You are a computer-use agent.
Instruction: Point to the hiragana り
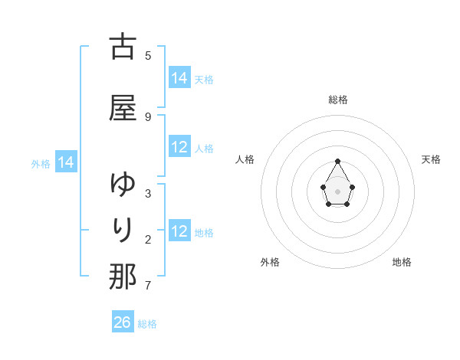123,229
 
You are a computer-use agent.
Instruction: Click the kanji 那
123,276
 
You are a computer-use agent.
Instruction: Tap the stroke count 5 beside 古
148,55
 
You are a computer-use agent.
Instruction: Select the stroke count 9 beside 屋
148,116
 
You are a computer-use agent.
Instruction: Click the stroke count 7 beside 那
148,286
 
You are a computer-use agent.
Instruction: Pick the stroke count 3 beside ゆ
148,194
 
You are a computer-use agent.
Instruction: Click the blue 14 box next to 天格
179,78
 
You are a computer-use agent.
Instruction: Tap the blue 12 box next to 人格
179,147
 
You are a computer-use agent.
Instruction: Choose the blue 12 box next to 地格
179,231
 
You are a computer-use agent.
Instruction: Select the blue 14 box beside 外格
66,162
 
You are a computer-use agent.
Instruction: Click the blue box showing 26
123,322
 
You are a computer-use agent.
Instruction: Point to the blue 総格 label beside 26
147,324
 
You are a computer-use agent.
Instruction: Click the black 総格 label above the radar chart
338,100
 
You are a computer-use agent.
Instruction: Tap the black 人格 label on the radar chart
245,159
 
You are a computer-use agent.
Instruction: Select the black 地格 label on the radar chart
402,262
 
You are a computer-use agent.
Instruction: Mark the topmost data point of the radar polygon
337,161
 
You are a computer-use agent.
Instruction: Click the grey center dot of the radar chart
337,190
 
